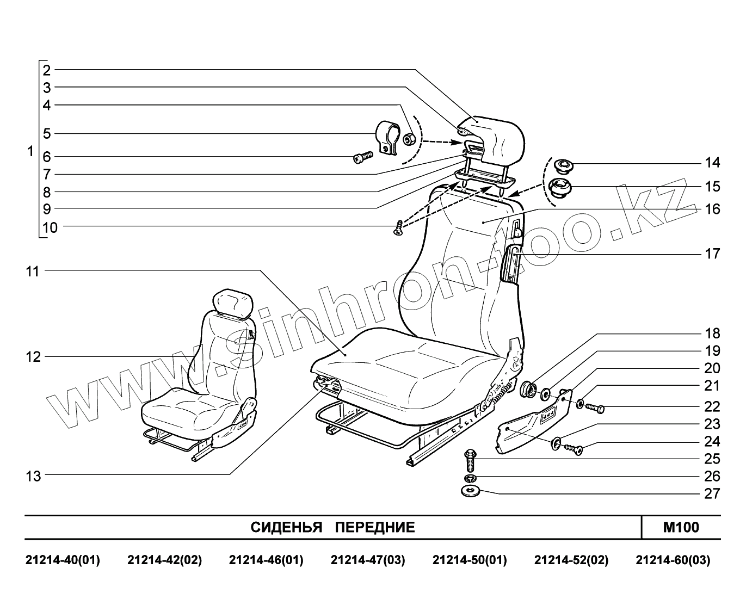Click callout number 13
[33, 476]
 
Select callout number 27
[712, 493]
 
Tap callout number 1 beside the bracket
[30, 151]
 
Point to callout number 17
[712, 254]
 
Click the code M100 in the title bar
[681, 527]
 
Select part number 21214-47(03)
[368, 560]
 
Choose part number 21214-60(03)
[673, 560]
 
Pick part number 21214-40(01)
[63, 560]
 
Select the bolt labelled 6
[361, 158]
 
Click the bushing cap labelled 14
[561, 164]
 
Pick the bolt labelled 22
[595, 406]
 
